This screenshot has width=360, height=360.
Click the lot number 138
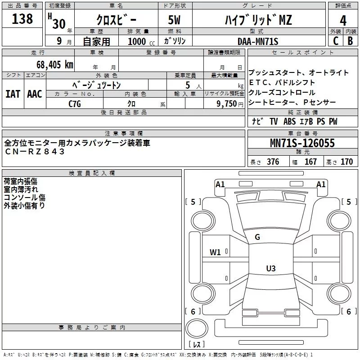[x=22, y=19]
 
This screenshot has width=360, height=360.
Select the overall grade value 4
[x=343, y=20]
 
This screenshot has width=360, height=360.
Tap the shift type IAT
[x=13, y=94]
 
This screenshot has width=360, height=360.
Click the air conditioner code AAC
[x=34, y=94]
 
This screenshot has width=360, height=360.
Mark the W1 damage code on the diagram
[x=215, y=252]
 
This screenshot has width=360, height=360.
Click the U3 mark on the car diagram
[x=270, y=269]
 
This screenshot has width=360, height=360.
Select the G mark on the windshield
[x=257, y=237]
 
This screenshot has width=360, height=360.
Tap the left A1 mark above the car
[x=220, y=184]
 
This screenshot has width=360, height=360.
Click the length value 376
[x=273, y=162]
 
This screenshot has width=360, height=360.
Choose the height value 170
[x=347, y=162]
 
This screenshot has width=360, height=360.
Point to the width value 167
[x=310, y=162]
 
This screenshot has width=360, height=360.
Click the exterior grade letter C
[x=335, y=41]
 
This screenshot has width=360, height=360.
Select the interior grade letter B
[x=351, y=41]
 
